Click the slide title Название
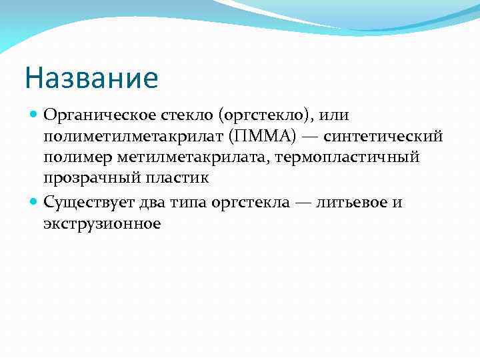point(91,79)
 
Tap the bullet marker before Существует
point(35,201)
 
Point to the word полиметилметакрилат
point(131,137)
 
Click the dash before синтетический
point(309,137)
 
